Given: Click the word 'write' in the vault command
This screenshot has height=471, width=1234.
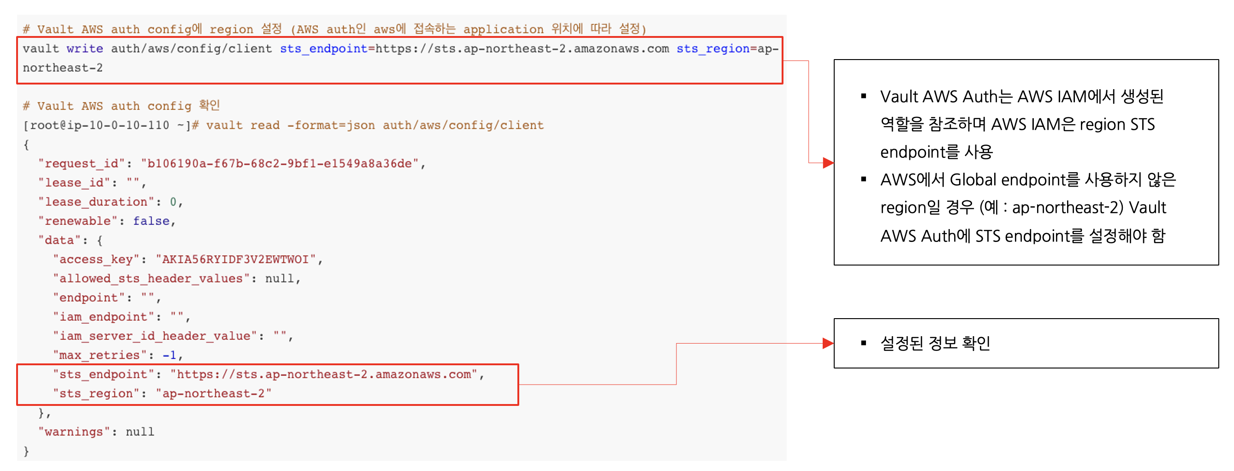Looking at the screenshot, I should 85,48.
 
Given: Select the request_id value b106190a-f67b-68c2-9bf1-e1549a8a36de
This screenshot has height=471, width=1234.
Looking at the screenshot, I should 279,163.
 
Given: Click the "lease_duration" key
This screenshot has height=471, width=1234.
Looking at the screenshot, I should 96,202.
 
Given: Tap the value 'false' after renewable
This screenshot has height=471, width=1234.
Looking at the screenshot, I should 151,221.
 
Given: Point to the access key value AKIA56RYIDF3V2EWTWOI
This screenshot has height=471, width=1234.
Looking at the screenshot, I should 235,260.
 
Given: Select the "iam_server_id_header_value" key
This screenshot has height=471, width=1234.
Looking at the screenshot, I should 155,336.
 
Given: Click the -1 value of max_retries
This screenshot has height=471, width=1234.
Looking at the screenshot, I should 169,356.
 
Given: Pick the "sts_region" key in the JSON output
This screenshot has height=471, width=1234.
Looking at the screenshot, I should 96,394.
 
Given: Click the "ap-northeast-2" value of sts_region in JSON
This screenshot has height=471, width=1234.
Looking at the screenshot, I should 213,394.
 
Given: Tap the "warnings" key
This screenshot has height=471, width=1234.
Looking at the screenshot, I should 74,432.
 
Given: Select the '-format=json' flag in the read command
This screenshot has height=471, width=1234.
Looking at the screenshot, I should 331,125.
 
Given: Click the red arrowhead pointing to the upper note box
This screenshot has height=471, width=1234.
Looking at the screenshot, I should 828,163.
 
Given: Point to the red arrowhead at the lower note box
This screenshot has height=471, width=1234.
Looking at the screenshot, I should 828,344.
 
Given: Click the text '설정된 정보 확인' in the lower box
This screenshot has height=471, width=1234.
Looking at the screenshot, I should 935,344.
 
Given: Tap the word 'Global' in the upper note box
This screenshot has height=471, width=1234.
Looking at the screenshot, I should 973,180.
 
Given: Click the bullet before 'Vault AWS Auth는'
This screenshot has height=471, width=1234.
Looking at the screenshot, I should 864,97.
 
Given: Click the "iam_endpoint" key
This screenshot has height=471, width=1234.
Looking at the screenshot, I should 103,317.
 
